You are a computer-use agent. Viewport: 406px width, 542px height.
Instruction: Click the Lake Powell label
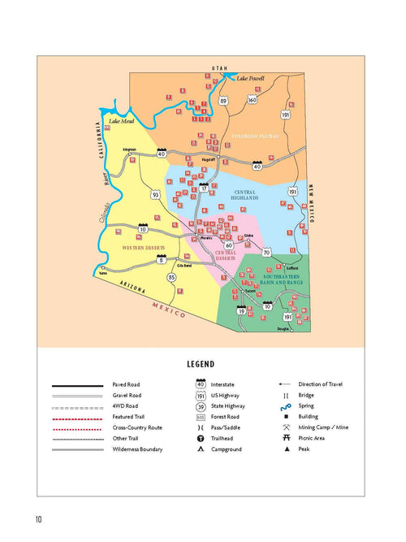tap(251, 78)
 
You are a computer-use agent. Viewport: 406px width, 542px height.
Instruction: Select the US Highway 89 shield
tap(223, 101)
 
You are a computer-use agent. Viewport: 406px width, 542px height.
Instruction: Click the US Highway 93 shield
tap(155, 195)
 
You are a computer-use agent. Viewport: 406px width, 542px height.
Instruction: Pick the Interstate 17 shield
tap(205, 189)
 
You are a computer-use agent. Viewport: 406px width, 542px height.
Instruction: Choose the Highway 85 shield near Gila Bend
tap(171, 278)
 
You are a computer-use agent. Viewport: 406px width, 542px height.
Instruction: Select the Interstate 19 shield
tap(241, 310)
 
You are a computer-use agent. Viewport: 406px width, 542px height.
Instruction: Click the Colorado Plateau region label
tap(257, 136)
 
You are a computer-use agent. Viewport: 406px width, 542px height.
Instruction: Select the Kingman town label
tap(129, 150)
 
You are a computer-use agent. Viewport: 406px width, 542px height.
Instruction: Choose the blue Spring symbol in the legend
tap(284, 407)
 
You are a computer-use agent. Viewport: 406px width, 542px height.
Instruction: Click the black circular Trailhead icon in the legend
tap(200, 438)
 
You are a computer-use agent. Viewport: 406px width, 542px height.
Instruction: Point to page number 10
tap(38, 519)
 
